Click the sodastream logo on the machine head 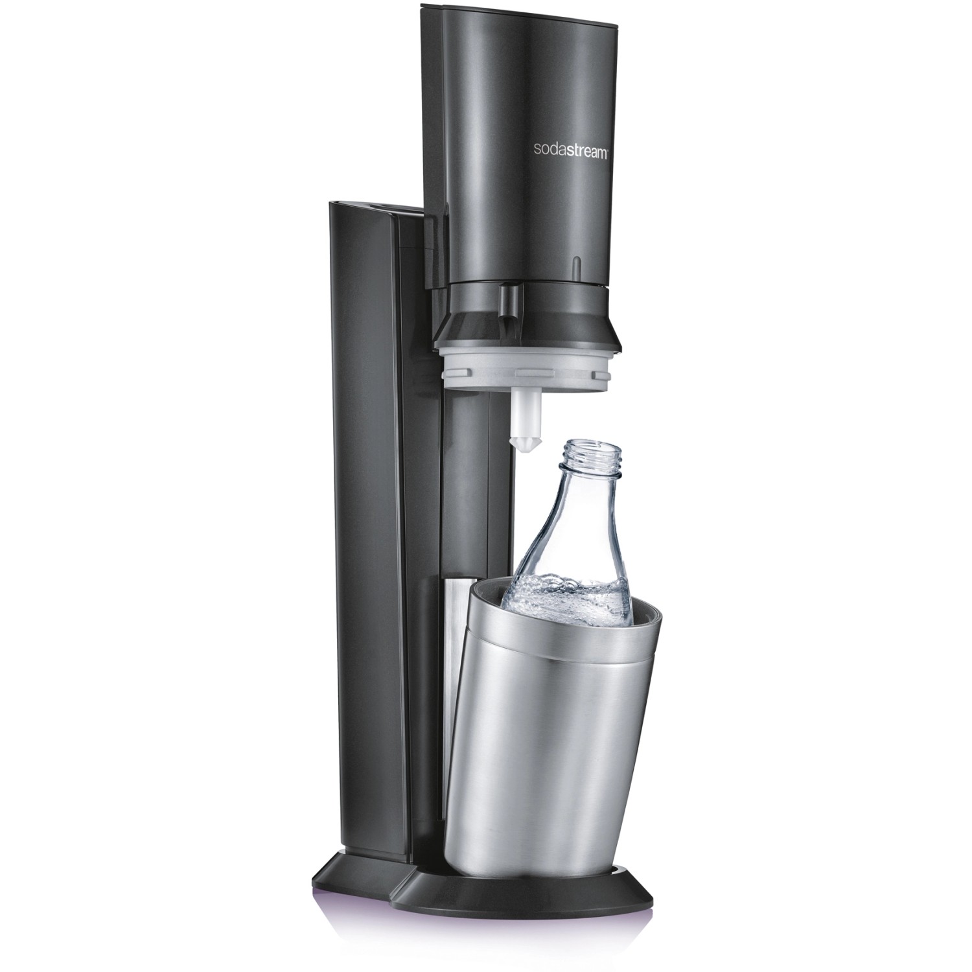[x=570, y=150]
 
